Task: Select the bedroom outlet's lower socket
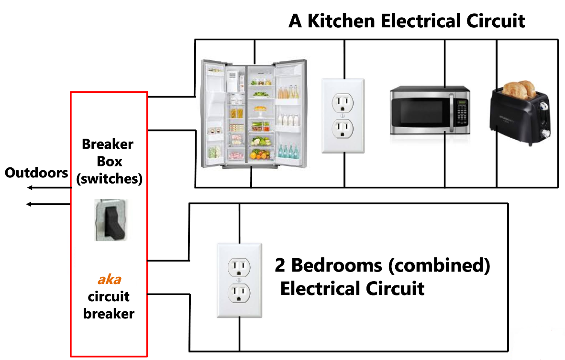coord(239,293)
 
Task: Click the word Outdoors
coord(36,172)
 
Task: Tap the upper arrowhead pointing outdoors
coord(29,188)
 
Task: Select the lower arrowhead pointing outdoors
coord(29,204)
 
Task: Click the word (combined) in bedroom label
coord(439,265)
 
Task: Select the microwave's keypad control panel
coord(461,113)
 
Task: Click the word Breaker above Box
coord(108,144)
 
